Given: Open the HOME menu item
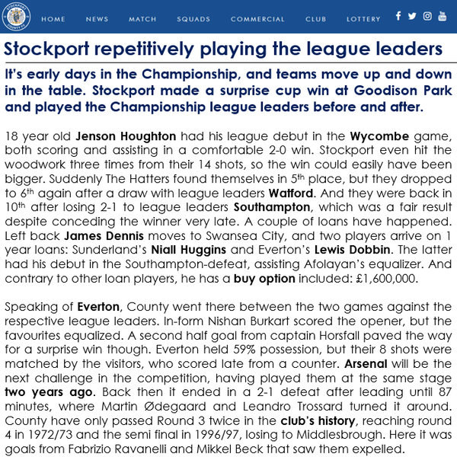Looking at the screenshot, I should pyautogui.click(x=53, y=19).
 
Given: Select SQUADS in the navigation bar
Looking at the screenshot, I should pyautogui.click(x=193, y=19).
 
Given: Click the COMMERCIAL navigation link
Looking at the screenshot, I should pyautogui.click(x=257, y=19).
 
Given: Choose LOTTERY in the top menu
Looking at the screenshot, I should pyautogui.click(x=363, y=19).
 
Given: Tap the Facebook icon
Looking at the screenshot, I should pyautogui.click(x=398, y=16).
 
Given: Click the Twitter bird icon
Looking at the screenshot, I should pyautogui.click(x=412, y=16).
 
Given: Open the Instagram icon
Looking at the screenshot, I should pyautogui.click(x=427, y=16).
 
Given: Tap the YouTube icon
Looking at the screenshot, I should pyautogui.click(x=443, y=16).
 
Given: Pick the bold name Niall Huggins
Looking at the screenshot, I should pyautogui.click(x=183, y=251).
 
